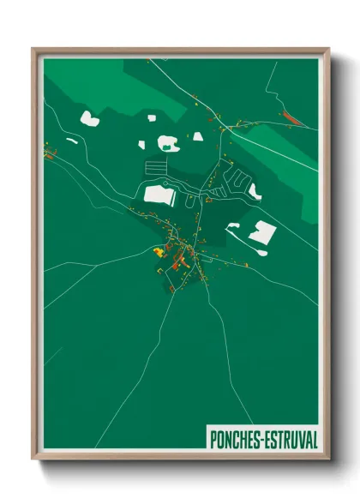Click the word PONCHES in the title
236,439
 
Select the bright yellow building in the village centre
159,251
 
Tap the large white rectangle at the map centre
159,195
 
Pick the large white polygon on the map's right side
261,231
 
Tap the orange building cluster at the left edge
49,154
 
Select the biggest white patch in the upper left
89,118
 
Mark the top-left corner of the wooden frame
33,49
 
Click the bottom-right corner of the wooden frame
328,459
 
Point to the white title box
262,439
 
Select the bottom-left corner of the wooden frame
33,459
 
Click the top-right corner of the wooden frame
328,49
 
